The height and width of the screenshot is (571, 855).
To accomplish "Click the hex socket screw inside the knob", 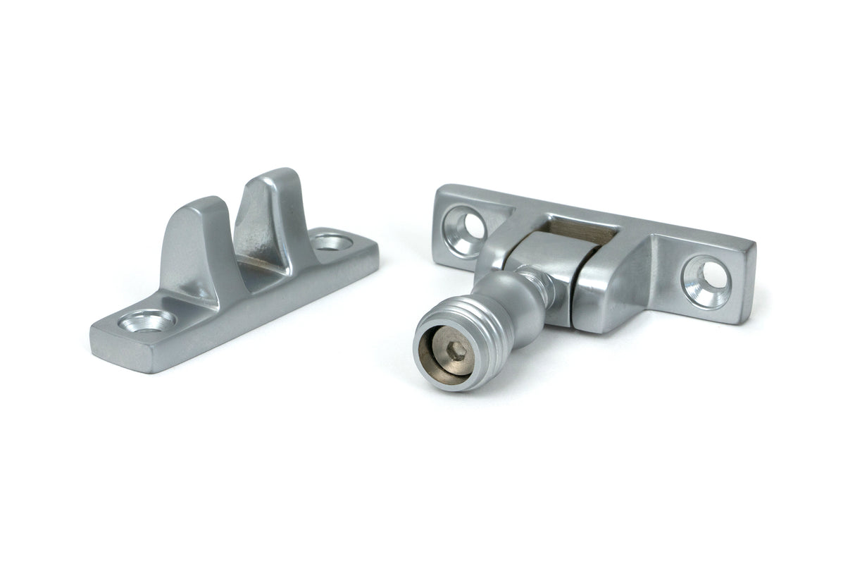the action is click(458, 350).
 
